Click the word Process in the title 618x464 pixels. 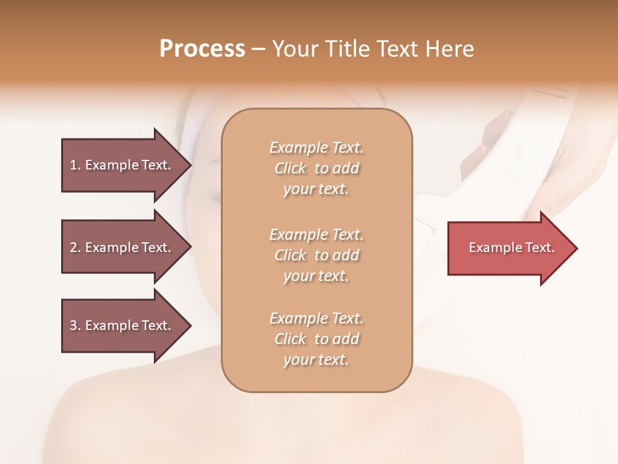click(x=202, y=49)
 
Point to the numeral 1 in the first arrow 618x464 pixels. click(x=73, y=165)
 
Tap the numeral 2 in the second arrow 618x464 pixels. click(x=73, y=247)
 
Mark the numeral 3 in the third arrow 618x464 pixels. click(x=73, y=326)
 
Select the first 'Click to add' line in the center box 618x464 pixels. click(x=317, y=169)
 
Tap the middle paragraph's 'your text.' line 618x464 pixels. click(x=316, y=276)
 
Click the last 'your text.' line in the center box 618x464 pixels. click(x=316, y=360)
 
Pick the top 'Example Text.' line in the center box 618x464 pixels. click(x=317, y=148)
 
